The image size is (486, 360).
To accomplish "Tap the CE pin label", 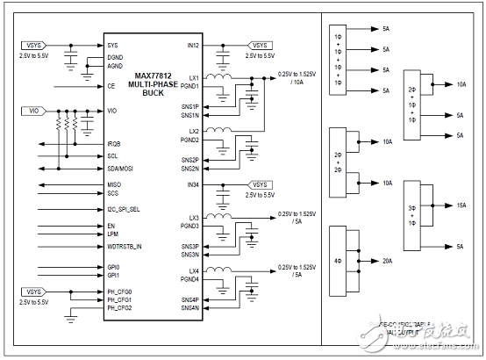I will [111, 86].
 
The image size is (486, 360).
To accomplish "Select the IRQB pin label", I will [115, 142].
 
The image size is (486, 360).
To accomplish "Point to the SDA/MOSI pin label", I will [120, 167].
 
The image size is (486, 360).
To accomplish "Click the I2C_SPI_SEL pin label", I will [125, 209].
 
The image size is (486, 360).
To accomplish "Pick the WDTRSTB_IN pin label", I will [125, 246].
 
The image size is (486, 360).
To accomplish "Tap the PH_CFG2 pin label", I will [120, 308].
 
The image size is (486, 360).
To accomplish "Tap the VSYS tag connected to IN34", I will [261, 185].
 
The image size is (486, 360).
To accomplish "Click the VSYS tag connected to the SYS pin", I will [31, 44].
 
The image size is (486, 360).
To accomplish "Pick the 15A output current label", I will [461, 205].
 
